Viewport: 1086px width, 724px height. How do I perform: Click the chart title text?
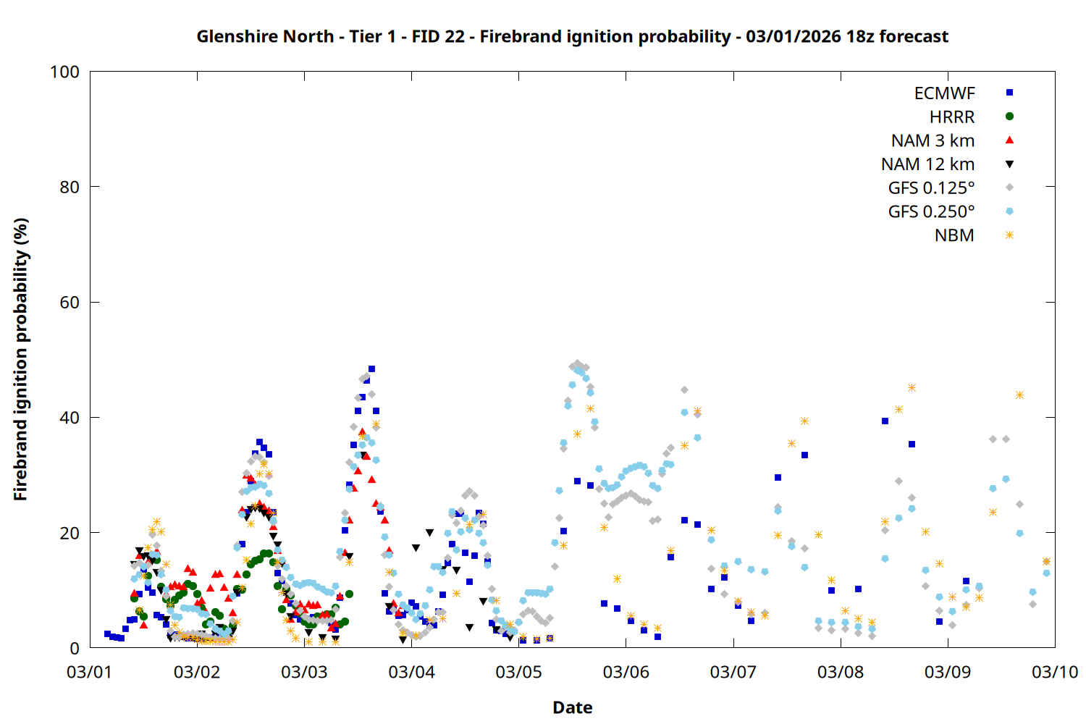pyautogui.click(x=572, y=36)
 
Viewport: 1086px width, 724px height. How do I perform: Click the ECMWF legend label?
pyautogui.click(x=944, y=93)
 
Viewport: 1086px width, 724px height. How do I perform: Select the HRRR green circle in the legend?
pyautogui.click(x=1009, y=117)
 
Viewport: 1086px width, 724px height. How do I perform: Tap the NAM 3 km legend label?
pyautogui.click(x=933, y=140)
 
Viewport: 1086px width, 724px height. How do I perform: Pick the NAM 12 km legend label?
pyautogui.click(x=927, y=164)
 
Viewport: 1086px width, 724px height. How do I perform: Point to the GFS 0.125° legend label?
pyautogui.click(x=931, y=188)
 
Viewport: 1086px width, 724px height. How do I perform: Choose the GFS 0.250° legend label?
pyautogui.click(x=931, y=211)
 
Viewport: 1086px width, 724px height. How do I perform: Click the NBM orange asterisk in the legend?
pyautogui.click(x=1009, y=235)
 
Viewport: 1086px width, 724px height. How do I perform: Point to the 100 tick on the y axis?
pyautogui.click(x=64, y=72)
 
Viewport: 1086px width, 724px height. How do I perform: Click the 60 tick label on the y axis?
pyautogui.click(x=70, y=303)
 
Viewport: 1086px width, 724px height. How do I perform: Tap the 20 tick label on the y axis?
pyautogui.click(x=70, y=533)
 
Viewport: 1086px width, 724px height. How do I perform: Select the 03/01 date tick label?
pyautogui.click(x=89, y=672)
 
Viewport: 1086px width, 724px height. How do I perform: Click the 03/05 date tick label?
pyautogui.click(x=518, y=672)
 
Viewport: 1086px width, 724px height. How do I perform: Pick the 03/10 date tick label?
pyautogui.click(x=1055, y=672)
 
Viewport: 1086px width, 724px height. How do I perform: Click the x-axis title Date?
pyautogui.click(x=572, y=707)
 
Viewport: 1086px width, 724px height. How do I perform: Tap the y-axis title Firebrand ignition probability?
pyautogui.click(x=21, y=359)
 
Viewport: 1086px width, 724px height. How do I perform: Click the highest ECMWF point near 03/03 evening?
pyautogui.click(x=371, y=369)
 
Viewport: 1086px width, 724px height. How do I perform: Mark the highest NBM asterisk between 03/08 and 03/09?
pyautogui.click(x=912, y=388)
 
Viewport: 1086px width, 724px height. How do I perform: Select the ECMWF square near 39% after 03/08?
pyautogui.click(x=885, y=421)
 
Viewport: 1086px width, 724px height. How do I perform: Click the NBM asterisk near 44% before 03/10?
pyautogui.click(x=1019, y=395)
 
